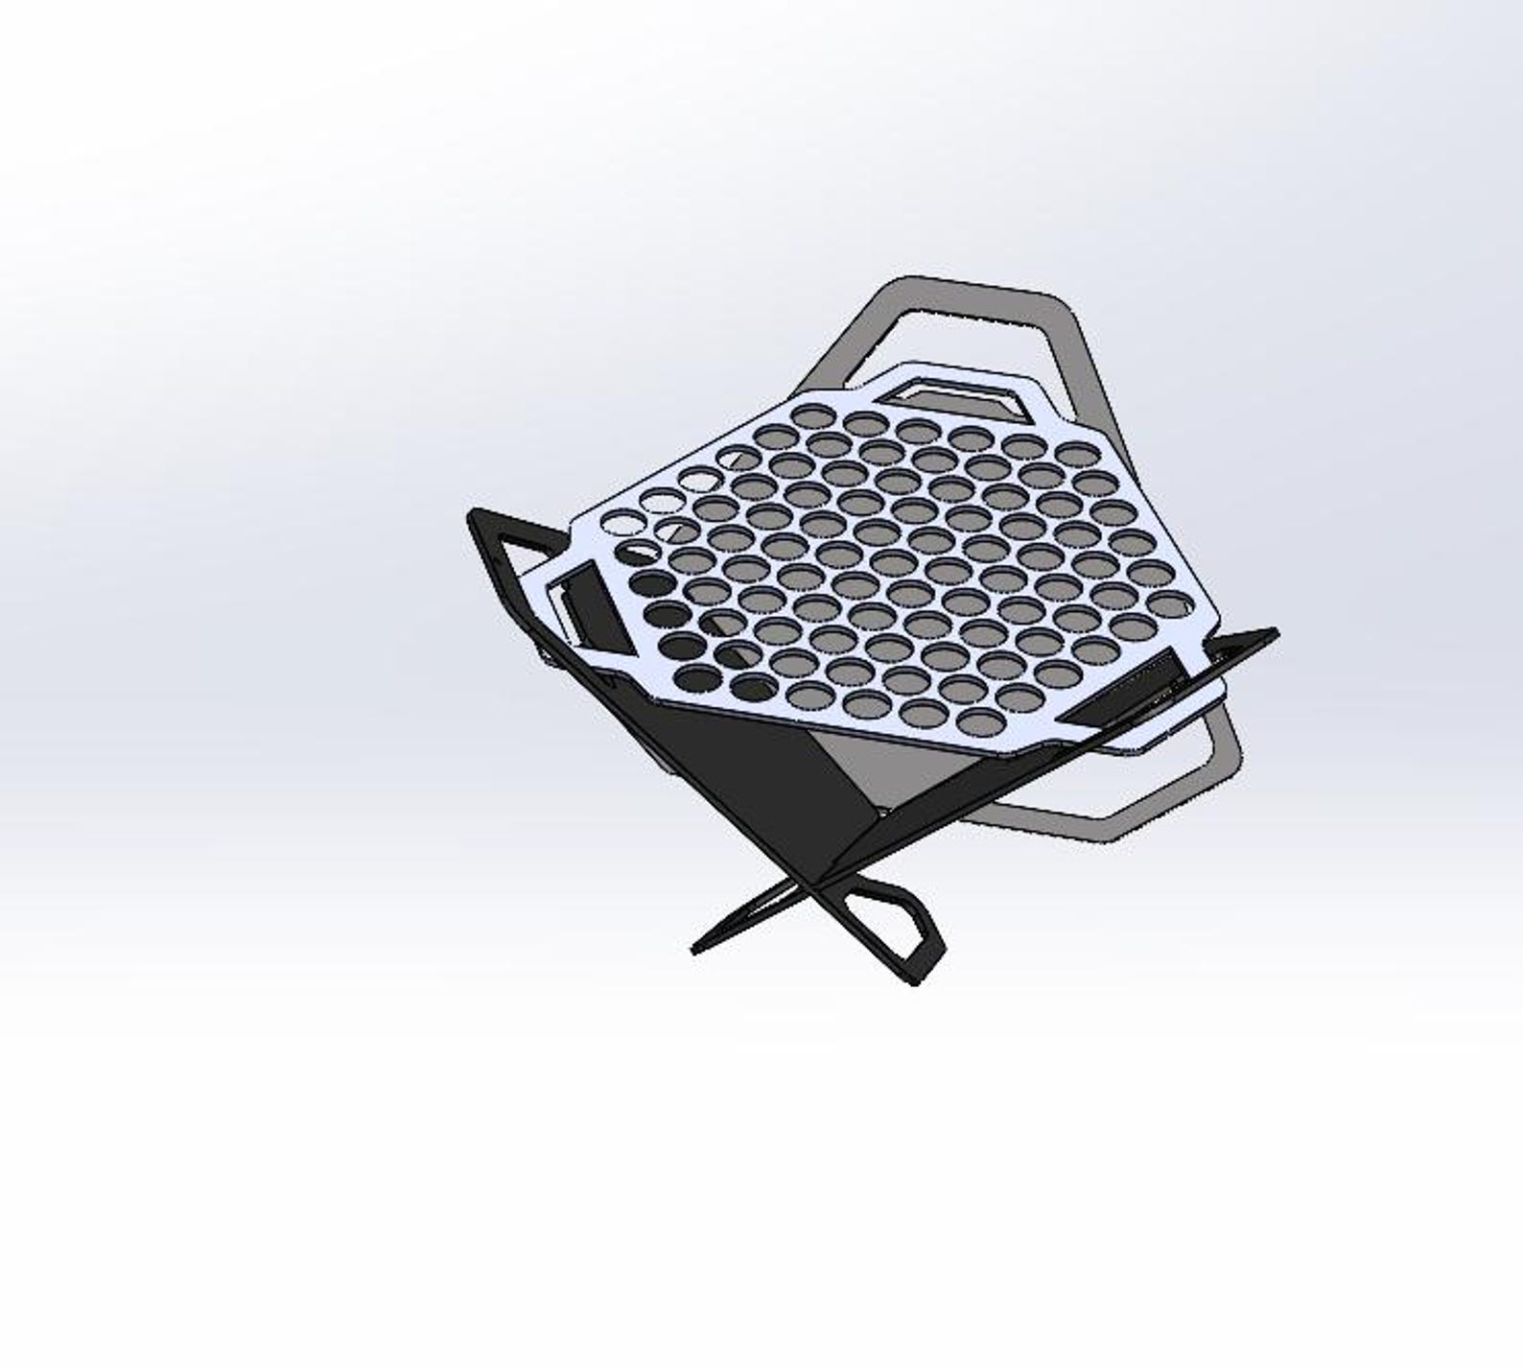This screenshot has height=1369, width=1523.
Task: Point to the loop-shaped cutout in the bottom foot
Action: [x=892, y=922]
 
